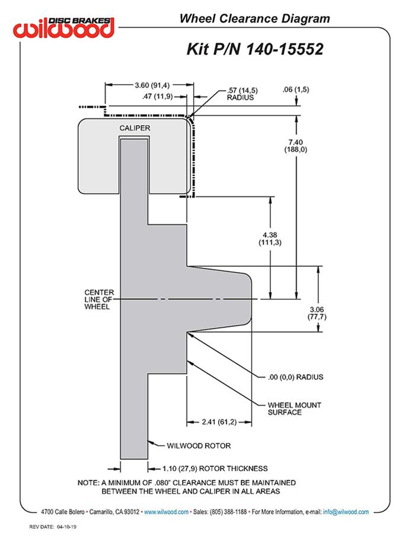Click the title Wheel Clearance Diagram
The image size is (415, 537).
pos(254,19)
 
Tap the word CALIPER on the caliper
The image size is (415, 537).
pos(135,128)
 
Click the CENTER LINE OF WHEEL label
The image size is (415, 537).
pos(99,299)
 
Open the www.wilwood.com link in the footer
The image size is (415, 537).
pos(166,512)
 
